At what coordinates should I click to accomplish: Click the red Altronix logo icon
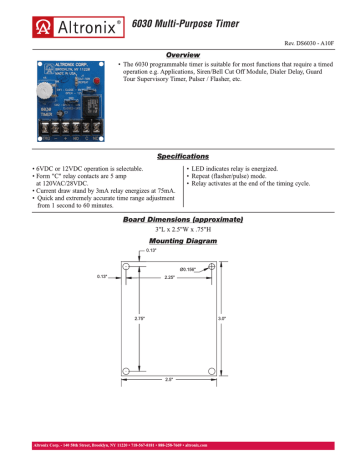(17, 17)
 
